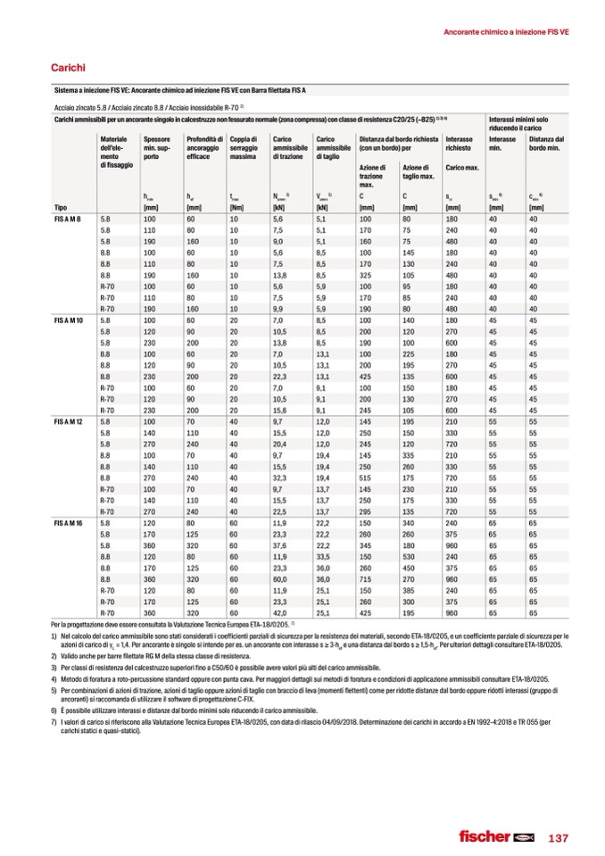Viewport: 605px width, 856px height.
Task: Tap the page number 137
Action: click(x=558, y=837)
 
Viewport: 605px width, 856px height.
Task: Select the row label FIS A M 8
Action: click(x=68, y=218)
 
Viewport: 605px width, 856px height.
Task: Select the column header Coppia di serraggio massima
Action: click(x=244, y=147)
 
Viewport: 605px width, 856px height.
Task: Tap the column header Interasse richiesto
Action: click(x=459, y=143)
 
